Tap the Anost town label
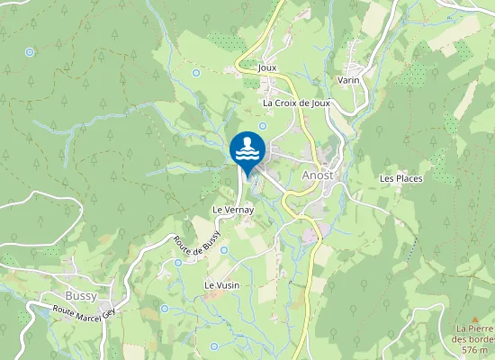click(x=318, y=175)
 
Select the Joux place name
click(x=266, y=67)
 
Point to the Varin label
click(x=348, y=80)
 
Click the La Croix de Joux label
click(x=297, y=103)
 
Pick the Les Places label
click(x=400, y=178)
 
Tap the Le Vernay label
click(x=233, y=210)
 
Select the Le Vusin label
click(x=221, y=285)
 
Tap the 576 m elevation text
click(x=474, y=350)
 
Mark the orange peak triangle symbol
click(x=474, y=319)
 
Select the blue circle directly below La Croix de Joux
click(x=263, y=126)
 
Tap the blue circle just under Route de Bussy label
click(x=178, y=263)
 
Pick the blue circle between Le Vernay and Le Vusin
click(x=224, y=250)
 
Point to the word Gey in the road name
click(x=108, y=312)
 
